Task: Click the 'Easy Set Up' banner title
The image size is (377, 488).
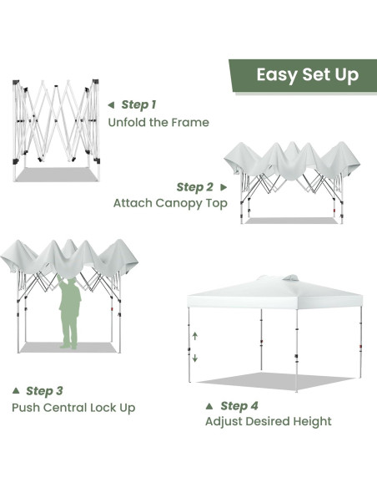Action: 307,75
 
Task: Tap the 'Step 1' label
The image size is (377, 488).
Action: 138,104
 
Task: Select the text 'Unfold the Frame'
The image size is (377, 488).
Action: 158,122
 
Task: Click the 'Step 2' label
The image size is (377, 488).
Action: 194,187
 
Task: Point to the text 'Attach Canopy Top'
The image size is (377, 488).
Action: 170,203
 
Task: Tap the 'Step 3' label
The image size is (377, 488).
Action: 44,390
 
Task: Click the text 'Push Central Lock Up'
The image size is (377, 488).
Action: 73,408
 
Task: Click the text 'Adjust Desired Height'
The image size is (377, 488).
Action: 268,422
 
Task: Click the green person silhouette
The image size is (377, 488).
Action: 71,313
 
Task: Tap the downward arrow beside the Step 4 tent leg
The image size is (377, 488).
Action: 195,358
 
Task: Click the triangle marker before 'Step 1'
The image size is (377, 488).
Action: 111,105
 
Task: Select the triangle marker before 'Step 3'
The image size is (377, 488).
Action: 16,390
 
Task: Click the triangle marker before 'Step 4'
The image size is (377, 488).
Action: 209,406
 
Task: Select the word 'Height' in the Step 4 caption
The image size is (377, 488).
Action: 310,422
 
